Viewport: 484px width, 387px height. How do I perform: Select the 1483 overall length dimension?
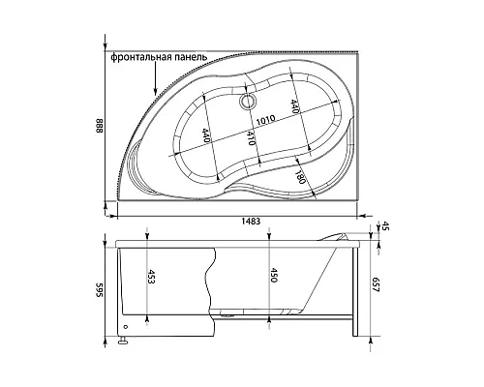[x=251, y=222]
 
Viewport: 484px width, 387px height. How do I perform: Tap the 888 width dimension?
[x=100, y=126]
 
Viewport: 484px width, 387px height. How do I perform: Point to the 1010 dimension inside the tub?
[x=265, y=120]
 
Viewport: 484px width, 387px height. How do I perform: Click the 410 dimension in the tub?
[x=252, y=137]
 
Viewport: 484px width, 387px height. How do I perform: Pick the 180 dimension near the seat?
[x=300, y=176]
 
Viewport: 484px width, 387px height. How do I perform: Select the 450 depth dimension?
[x=273, y=275]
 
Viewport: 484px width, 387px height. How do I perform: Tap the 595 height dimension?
[x=100, y=290]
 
